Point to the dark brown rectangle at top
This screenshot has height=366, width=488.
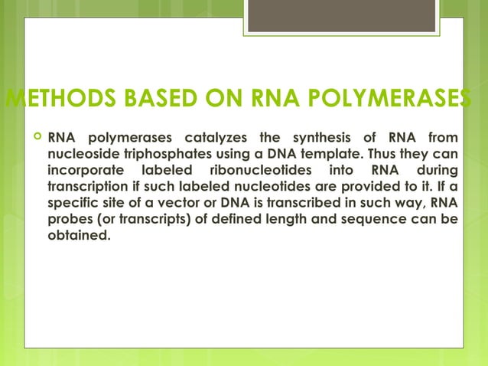click(342, 16)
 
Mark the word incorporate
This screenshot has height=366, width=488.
click(83, 169)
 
